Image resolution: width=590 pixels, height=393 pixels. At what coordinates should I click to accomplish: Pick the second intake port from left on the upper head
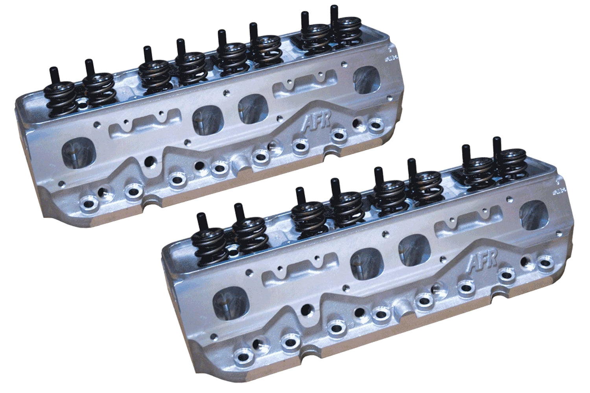pos(205,120)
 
